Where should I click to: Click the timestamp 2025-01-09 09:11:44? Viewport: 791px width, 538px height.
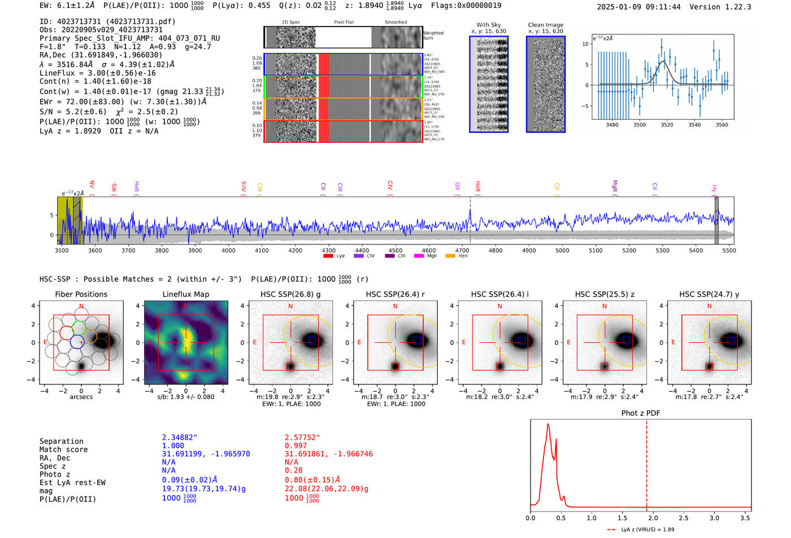638,7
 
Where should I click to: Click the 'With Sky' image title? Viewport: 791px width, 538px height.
488,25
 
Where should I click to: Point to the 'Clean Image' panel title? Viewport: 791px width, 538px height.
545,25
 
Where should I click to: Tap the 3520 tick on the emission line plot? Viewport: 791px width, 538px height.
667,125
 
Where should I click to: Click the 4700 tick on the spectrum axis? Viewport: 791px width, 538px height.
462,250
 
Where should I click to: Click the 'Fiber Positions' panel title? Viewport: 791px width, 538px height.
81,294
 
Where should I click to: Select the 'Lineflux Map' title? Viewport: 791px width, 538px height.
185,294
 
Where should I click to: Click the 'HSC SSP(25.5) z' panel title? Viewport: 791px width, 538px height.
605,294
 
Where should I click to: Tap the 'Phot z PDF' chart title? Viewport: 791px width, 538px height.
641,413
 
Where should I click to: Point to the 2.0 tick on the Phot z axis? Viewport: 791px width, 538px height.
653,518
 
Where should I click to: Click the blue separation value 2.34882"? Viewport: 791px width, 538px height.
179,438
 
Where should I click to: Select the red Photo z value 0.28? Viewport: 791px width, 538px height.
293,470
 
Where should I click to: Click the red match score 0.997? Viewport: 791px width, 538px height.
296,446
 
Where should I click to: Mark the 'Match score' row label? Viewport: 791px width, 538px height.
63,450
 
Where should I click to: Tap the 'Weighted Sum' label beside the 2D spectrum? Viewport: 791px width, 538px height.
433,36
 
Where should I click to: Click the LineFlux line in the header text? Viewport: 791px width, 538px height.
97,73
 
